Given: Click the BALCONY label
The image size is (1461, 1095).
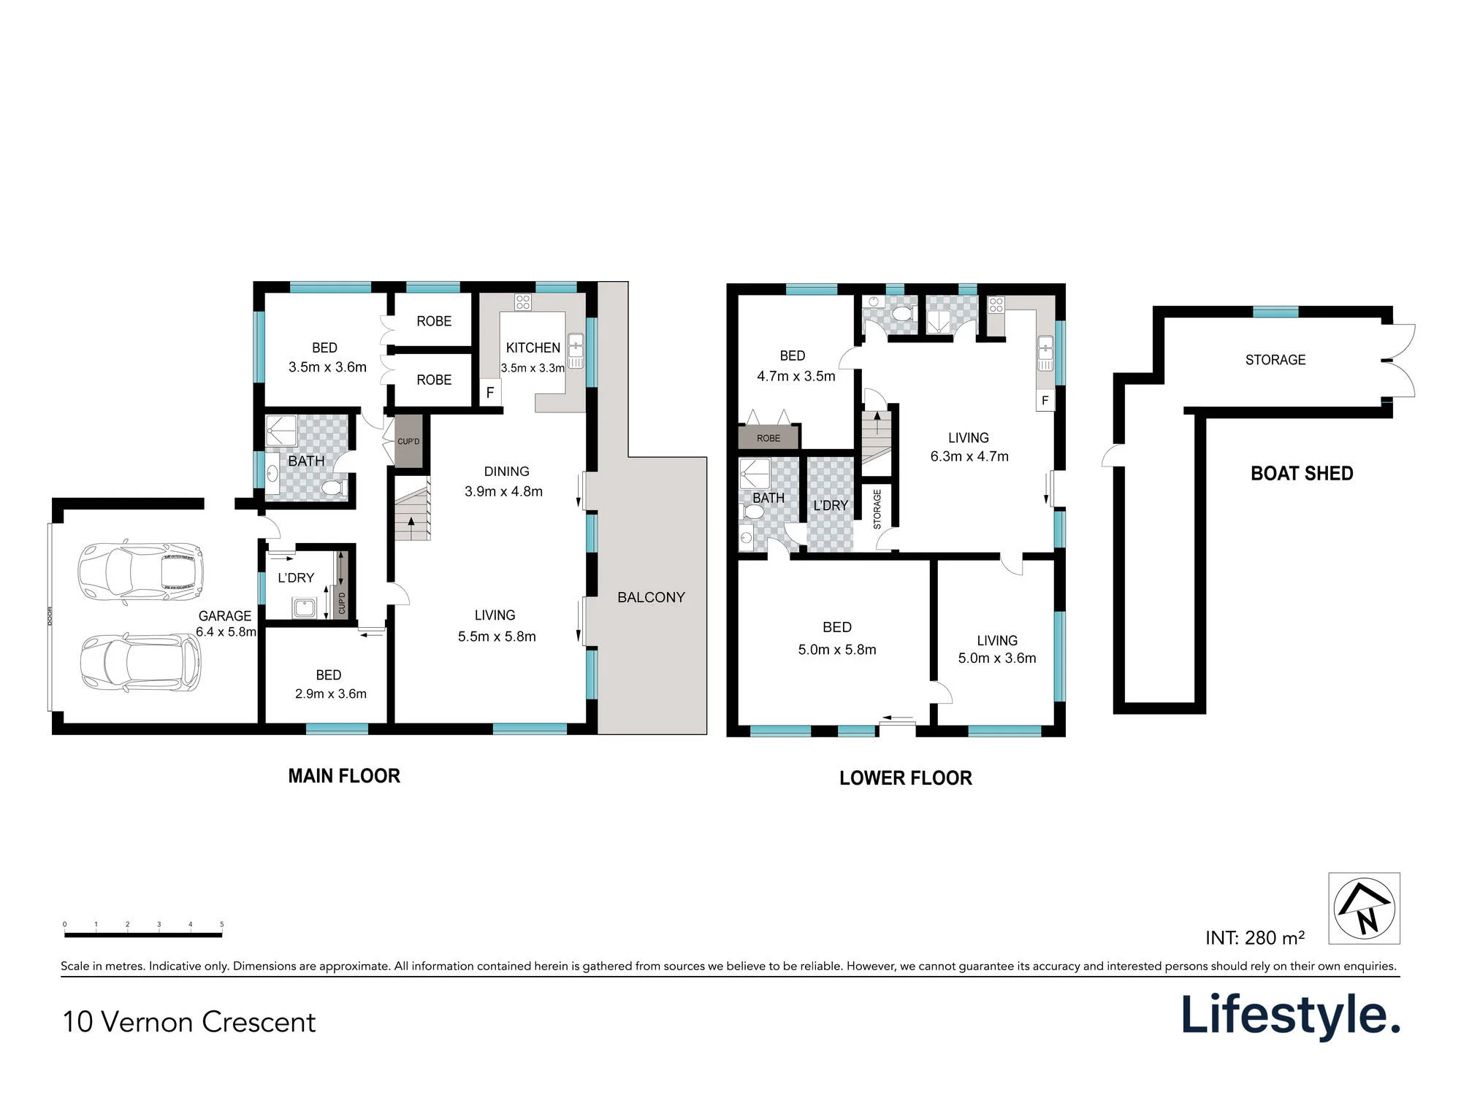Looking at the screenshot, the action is point(651,597).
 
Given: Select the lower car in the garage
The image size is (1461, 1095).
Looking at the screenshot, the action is point(140,664).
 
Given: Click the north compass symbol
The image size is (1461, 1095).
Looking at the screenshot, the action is point(1364,908).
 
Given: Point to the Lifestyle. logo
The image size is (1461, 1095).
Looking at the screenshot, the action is point(1291,1015).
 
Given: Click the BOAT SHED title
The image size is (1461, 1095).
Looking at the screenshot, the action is point(1302,474).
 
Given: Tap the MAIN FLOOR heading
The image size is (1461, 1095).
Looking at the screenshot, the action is point(344,776).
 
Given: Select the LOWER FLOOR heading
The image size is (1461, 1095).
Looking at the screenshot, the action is point(906,778).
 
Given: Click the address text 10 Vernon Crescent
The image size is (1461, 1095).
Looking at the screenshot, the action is point(189,1022).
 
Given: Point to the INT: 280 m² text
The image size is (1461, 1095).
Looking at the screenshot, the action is point(1255,937).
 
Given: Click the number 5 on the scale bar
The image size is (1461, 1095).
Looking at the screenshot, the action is point(222,924).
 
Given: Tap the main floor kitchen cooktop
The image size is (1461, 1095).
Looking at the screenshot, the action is point(522,301).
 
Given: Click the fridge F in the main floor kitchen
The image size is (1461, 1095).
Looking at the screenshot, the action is point(490,393).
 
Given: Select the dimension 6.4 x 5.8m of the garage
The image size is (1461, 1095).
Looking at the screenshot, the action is point(226,632).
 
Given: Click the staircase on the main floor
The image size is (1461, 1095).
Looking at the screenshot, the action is point(412,508).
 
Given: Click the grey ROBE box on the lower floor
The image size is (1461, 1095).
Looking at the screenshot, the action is point(768,438).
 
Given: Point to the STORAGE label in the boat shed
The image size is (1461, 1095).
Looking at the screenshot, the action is point(1275,360).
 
